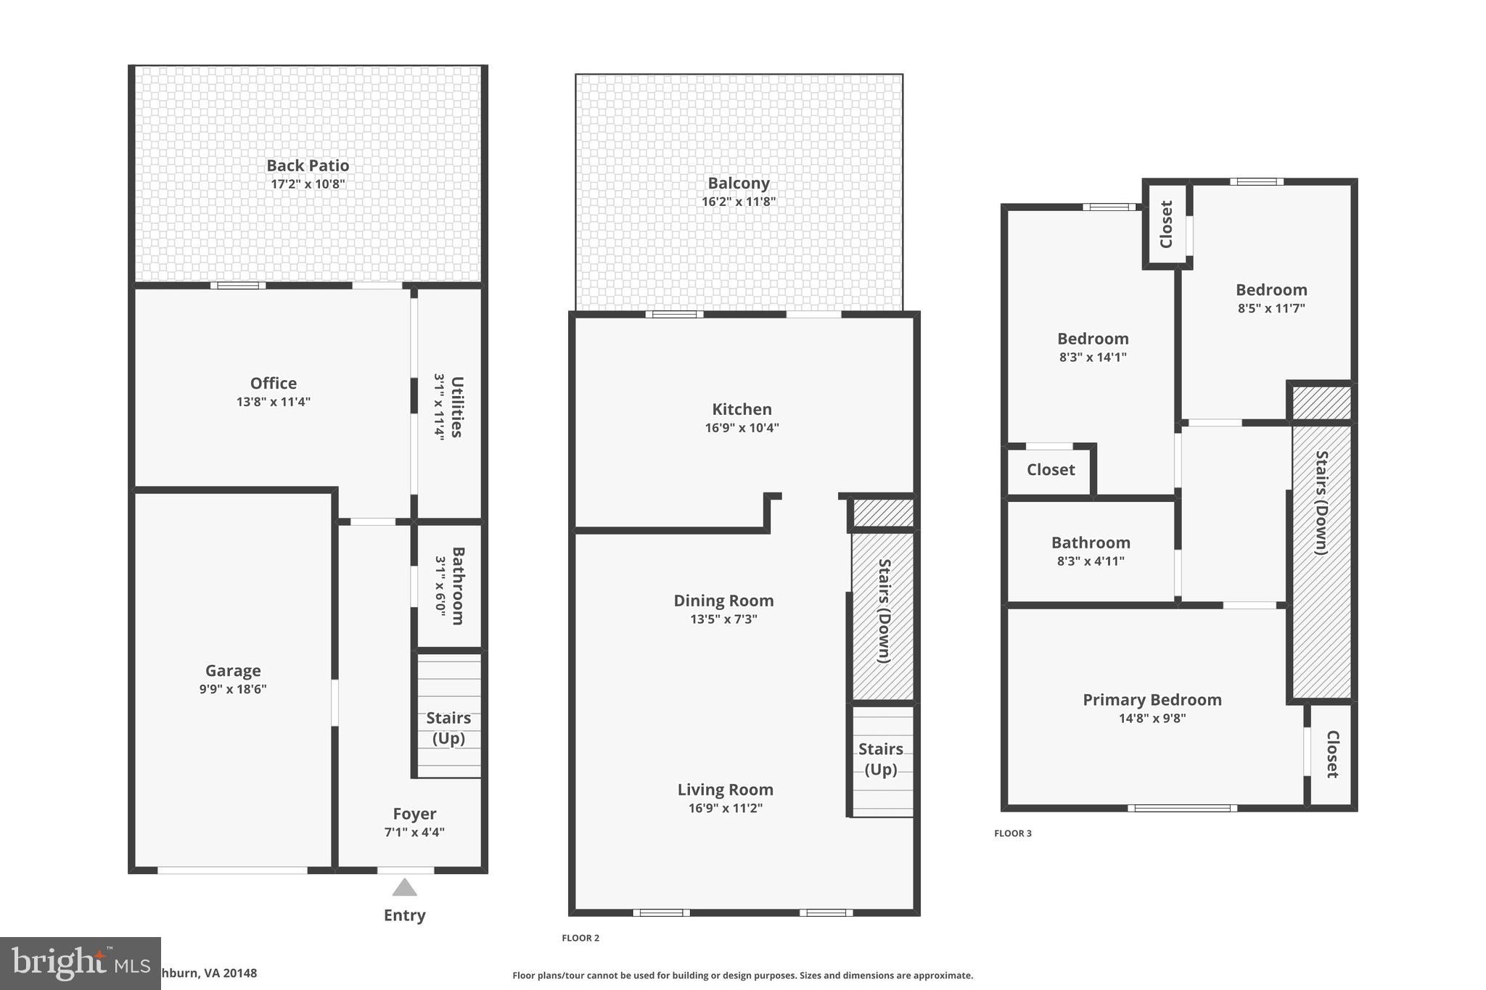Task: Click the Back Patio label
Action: click(308, 165)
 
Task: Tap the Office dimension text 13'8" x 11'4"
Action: click(273, 402)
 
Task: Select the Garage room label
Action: click(233, 671)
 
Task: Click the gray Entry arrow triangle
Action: click(405, 888)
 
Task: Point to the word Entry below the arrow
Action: click(405, 915)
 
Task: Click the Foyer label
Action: click(414, 814)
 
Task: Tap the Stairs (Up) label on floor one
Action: click(448, 727)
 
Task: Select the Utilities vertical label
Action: click(456, 406)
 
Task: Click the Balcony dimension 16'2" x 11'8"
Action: click(739, 202)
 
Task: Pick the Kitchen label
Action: click(742, 409)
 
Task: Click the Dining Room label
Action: click(723, 601)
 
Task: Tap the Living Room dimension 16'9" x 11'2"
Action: click(725, 808)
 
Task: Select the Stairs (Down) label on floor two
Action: click(884, 611)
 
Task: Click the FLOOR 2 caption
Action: click(580, 938)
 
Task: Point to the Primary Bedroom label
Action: click(1152, 700)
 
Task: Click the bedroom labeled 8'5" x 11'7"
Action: click(1271, 290)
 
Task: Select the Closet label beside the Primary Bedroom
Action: click(1332, 754)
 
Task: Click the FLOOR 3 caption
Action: click(1013, 833)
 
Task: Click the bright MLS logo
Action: click(80, 963)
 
